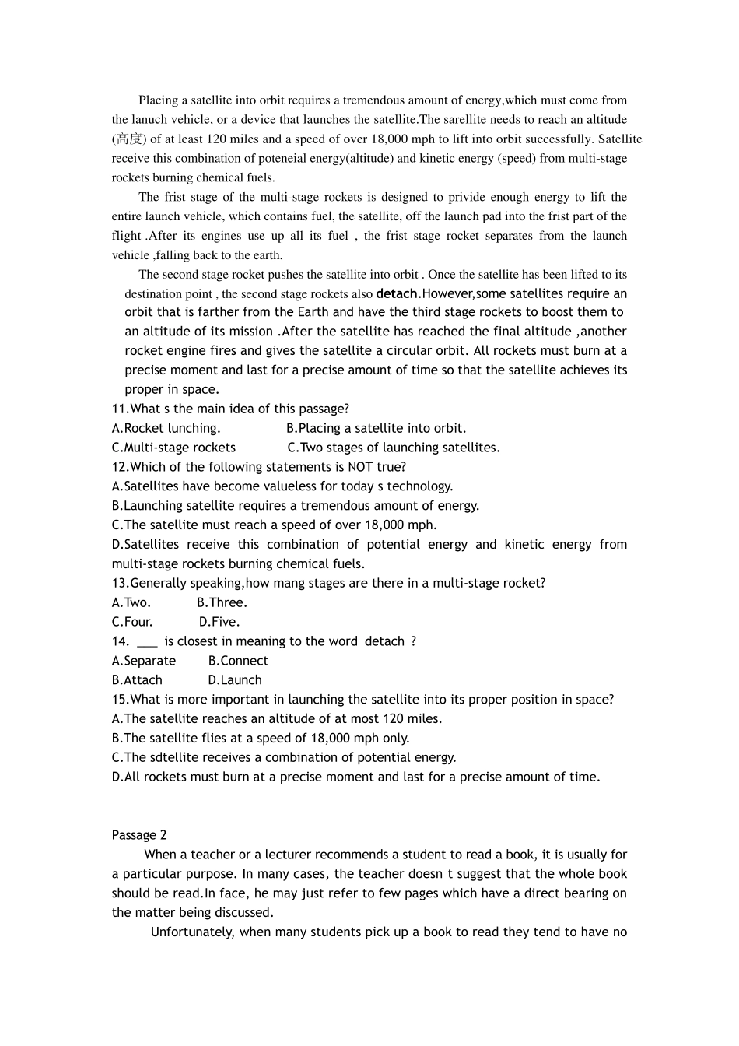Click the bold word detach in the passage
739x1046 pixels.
(x=397, y=293)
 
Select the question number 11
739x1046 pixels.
(x=119, y=409)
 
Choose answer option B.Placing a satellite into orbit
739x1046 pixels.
(x=377, y=428)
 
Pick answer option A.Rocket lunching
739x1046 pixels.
(x=166, y=428)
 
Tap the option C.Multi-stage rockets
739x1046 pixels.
(x=173, y=448)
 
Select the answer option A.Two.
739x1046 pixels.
(x=131, y=602)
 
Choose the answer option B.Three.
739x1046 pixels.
(x=222, y=602)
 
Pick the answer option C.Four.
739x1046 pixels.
(x=132, y=622)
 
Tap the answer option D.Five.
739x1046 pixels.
(x=219, y=622)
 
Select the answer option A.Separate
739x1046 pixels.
(x=144, y=661)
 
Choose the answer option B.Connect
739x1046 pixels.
(x=238, y=661)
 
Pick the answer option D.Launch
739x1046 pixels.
(x=235, y=680)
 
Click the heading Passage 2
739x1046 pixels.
(x=139, y=835)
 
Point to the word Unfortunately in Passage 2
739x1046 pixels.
(x=192, y=932)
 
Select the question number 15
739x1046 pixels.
(x=119, y=700)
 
